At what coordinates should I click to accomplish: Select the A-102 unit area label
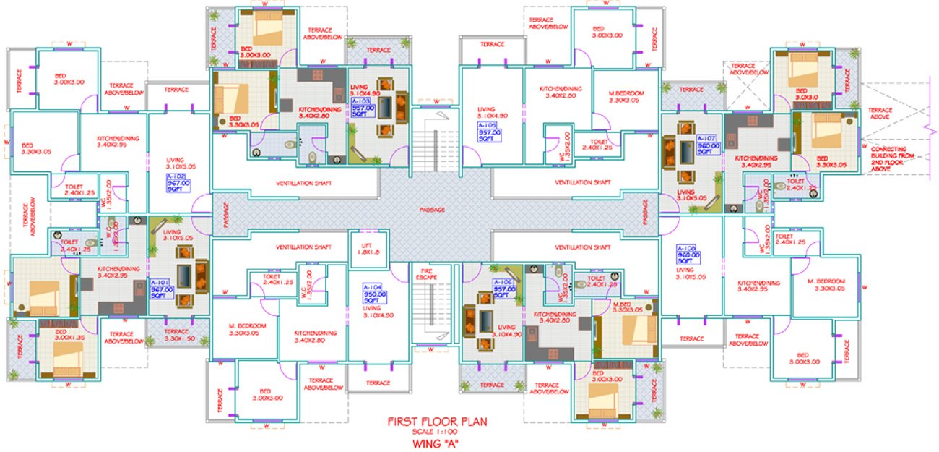pos(176,182)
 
